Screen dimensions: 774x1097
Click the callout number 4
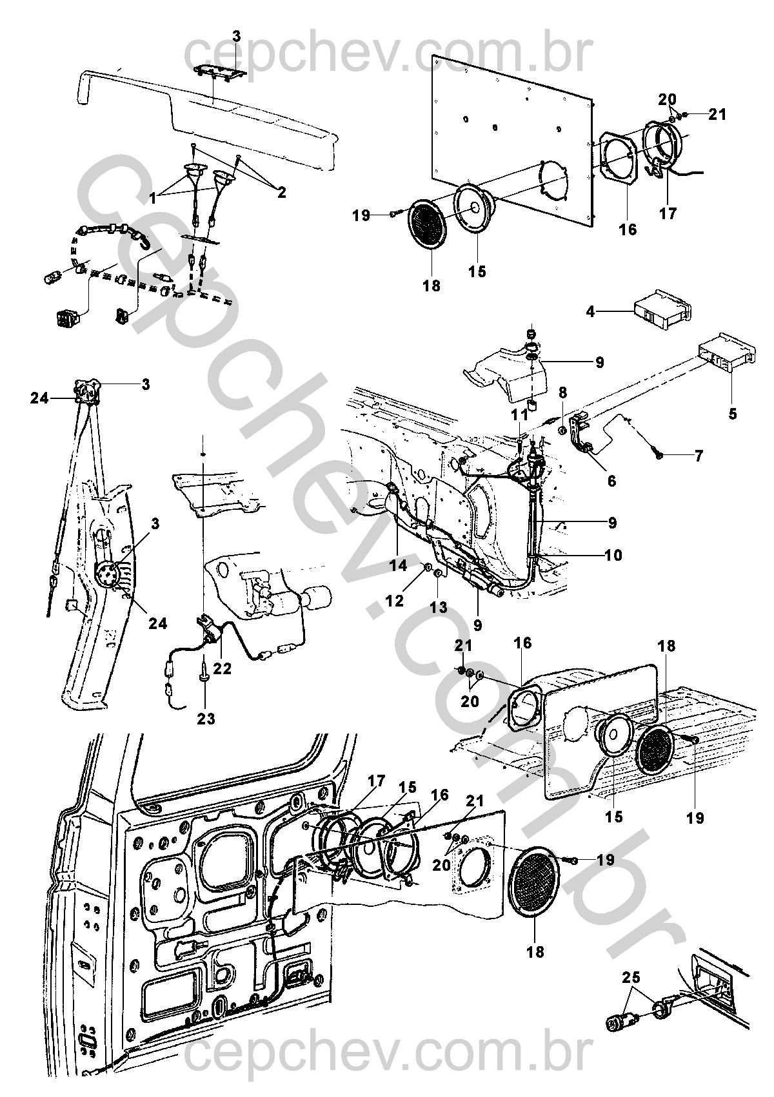(x=591, y=311)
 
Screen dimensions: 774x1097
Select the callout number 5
(x=732, y=414)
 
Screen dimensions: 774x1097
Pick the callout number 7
(x=698, y=456)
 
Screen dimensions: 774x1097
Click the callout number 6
(x=611, y=481)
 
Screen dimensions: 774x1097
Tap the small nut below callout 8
(x=563, y=431)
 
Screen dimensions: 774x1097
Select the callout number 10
(x=613, y=555)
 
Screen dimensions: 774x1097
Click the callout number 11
(x=520, y=415)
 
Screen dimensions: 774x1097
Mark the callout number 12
(x=395, y=600)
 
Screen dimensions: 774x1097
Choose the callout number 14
(x=398, y=565)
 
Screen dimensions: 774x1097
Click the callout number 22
(x=222, y=668)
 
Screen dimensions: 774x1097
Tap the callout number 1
(x=153, y=198)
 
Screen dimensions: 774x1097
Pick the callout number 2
(x=281, y=193)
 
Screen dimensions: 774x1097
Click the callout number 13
(x=439, y=608)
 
